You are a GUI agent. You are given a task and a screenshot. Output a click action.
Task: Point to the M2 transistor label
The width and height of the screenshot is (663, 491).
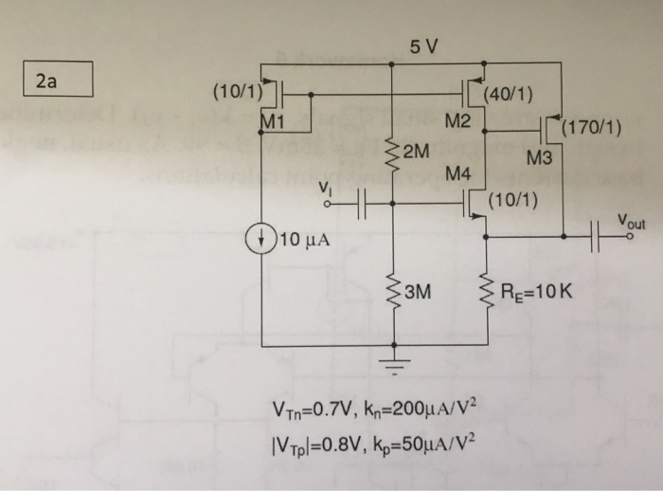pyautogui.click(x=458, y=120)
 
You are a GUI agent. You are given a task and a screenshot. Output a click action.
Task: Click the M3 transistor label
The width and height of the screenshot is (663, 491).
pyautogui.click(x=540, y=158)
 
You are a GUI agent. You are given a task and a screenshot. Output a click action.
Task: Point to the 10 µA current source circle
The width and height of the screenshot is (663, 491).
pyautogui.click(x=261, y=237)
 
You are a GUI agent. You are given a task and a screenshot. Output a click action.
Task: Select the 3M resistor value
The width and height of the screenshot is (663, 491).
pyautogui.click(x=418, y=293)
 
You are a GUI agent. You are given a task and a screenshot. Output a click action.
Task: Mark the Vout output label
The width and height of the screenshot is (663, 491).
pyautogui.click(x=632, y=220)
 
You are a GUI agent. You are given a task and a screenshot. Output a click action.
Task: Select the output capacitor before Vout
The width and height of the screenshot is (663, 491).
pyautogui.click(x=597, y=239)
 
